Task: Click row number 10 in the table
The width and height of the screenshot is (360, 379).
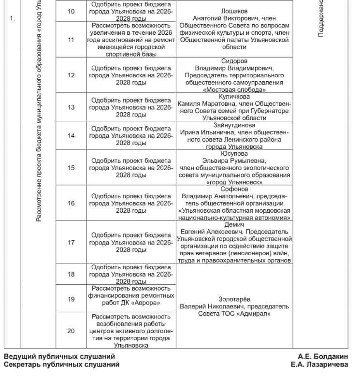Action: pos(71,10)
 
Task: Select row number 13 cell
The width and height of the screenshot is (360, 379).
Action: pos(71,108)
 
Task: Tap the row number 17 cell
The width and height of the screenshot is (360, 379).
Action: pos(71,243)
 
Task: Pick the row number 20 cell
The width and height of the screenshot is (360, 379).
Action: pos(71,331)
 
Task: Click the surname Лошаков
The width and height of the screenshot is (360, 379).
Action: pos(234,10)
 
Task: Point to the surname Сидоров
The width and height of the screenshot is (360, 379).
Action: pos(234,61)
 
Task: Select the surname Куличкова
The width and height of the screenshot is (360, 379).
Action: pos(234,97)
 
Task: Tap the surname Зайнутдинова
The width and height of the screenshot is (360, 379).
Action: pos(234,125)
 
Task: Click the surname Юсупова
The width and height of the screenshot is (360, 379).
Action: pos(234,154)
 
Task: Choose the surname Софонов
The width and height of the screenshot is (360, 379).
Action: pos(234,189)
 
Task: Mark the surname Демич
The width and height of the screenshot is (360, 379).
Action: pos(234,224)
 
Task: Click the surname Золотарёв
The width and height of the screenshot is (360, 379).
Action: pos(234,299)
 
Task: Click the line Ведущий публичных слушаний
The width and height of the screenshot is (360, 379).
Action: pos(59,357)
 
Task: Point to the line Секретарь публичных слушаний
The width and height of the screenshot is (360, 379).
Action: pos(61,364)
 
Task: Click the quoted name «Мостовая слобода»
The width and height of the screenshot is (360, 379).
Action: pos(234,90)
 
